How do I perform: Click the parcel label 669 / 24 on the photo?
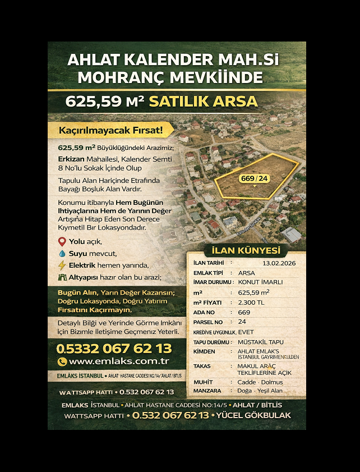coord(255,178)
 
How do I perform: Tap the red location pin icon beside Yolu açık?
coord(62,241)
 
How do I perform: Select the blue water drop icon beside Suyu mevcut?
coord(62,253)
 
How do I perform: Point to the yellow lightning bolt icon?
coord(62,265)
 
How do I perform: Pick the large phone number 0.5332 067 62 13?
coord(114,348)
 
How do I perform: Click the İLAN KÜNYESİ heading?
coord(246,251)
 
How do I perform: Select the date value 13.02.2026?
coord(278,263)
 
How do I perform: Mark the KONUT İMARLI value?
coord(260,282)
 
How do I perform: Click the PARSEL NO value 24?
coord(242,322)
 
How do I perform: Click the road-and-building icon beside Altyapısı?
coord(62,277)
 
